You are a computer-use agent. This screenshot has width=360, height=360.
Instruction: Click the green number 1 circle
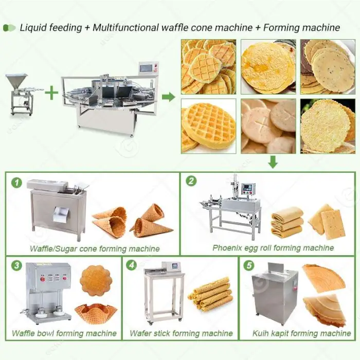pyautogui.click(x=17, y=183)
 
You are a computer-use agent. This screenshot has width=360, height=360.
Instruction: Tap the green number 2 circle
pyautogui.click(x=191, y=181)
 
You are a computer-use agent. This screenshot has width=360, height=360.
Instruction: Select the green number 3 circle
pyautogui.click(x=17, y=266)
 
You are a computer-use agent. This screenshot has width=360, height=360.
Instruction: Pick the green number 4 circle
pyautogui.click(x=132, y=265)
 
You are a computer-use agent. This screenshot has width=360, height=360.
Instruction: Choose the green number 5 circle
pyautogui.click(x=249, y=266)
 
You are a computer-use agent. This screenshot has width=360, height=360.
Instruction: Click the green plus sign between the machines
pyautogui.click(x=51, y=93)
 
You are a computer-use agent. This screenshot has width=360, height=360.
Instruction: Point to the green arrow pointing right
pyautogui.click(x=169, y=97)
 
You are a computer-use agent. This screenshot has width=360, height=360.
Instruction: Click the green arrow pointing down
pyautogui.click(x=273, y=161)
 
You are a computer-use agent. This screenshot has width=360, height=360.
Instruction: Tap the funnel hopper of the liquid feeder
pyautogui.click(x=16, y=80)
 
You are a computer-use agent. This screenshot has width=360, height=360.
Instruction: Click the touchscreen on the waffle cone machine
pyautogui.click(x=146, y=69)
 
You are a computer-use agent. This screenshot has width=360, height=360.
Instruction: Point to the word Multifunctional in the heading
pyautogui.click(x=125, y=28)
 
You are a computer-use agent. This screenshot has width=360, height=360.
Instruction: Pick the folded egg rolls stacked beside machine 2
pyautogui.click(x=287, y=223)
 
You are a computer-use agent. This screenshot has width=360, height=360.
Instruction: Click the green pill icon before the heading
pyautogui.click(x=9, y=28)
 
